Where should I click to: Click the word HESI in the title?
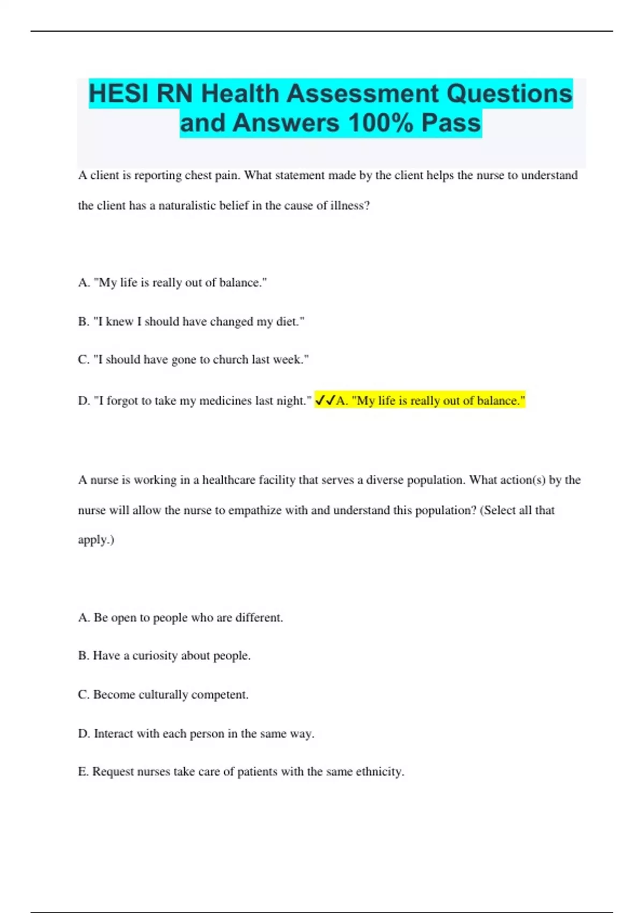pos(119,93)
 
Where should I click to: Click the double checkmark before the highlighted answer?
pos(325,401)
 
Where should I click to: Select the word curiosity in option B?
pos(155,655)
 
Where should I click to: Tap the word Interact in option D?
pos(113,734)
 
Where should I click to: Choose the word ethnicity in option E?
pos(379,772)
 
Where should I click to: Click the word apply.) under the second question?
pos(96,539)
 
